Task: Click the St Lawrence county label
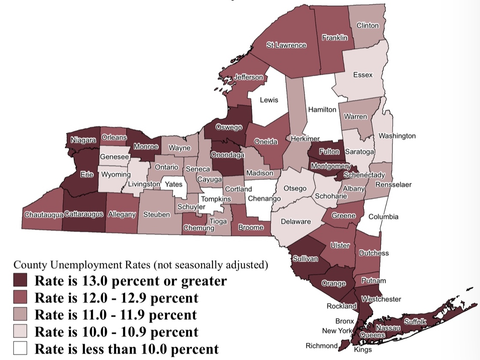click(286, 45)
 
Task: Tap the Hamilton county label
click(322, 110)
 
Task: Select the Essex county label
click(363, 75)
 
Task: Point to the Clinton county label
click(368, 25)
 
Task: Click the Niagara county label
click(83, 140)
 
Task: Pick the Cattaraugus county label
click(84, 214)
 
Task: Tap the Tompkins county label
click(216, 199)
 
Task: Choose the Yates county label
click(174, 184)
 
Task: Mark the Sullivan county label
click(305, 258)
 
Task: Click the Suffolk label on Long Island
click(415, 321)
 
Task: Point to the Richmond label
click(321, 345)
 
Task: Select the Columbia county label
click(383, 216)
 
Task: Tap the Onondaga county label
click(227, 155)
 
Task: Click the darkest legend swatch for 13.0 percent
click(21, 281)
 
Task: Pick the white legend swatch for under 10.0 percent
click(21, 348)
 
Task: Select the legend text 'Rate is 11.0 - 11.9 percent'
click(116, 315)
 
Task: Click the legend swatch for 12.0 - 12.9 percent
click(21, 297)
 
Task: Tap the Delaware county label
click(296, 222)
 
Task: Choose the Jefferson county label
click(249, 77)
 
